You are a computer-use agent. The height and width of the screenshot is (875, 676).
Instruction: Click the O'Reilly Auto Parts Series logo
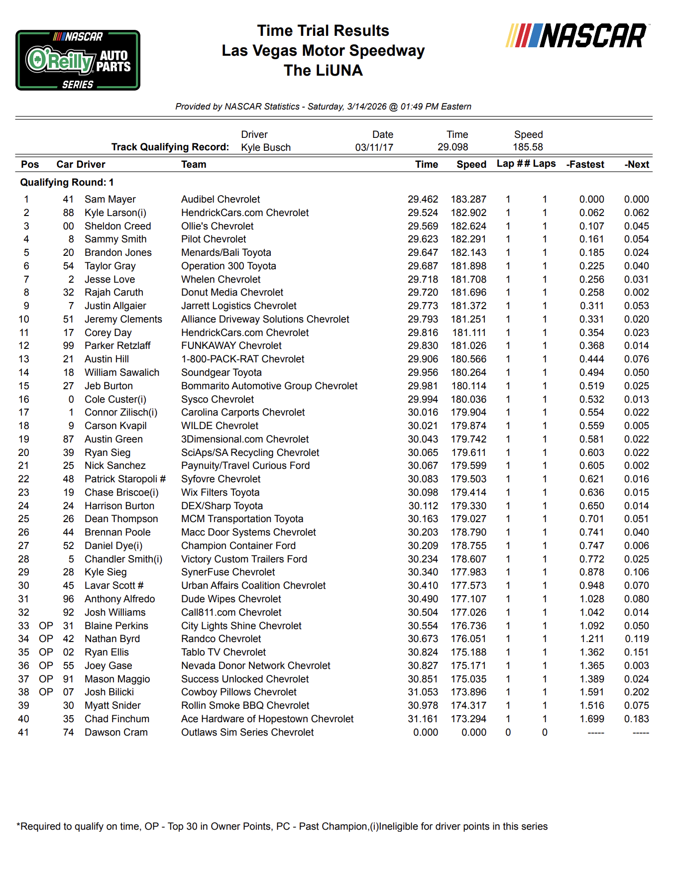click(x=78, y=60)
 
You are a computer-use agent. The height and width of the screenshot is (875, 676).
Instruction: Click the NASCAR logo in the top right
click(x=576, y=36)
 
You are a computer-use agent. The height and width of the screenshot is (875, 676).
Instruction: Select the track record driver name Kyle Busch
click(x=266, y=147)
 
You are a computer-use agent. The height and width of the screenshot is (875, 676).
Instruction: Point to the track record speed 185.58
click(x=528, y=147)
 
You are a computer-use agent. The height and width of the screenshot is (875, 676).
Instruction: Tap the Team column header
click(x=194, y=165)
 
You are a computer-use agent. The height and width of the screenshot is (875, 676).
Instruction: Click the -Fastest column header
click(x=585, y=165)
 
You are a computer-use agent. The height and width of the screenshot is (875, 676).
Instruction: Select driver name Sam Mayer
click(x=110, y=200)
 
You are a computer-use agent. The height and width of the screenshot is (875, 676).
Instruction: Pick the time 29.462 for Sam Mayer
click(x=423, y=200)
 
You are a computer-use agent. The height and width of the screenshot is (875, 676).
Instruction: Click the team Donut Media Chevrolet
click(x=232, y=293)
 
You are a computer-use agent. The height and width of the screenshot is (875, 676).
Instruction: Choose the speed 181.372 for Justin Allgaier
click(x=468, y=306)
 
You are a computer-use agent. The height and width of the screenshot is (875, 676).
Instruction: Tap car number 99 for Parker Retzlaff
click(x=68, y=346)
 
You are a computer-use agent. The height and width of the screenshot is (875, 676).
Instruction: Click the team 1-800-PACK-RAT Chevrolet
click(x=242, y=359)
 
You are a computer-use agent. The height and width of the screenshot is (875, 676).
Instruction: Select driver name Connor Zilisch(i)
click(x=121, y=413)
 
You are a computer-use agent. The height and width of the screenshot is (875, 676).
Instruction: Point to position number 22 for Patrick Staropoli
click(x=23, y=479)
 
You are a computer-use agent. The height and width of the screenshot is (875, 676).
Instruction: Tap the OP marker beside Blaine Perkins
click(x=46, y=626)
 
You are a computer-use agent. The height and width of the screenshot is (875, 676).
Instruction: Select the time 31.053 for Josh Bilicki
click(x=423, y=692)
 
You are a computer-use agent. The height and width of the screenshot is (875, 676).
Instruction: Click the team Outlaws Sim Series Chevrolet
click(x=247, y=733)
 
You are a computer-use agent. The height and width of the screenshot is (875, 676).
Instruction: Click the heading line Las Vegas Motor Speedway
click(x=323, y=51)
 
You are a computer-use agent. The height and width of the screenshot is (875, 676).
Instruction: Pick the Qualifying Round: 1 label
click(x=67, y=183)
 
